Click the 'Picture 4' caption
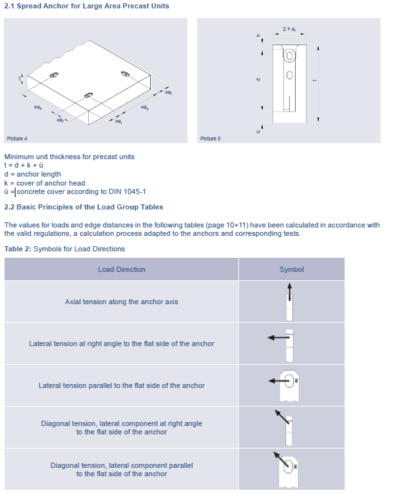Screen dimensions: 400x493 [17, 139]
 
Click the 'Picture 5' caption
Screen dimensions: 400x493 [211, 139]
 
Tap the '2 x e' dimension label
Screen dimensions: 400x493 [289, 29]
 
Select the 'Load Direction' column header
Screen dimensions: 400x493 [122, 269]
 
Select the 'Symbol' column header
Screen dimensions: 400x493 [292, 269]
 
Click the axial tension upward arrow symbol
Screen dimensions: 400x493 [289, 291]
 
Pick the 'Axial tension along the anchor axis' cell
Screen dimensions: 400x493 [122, 302]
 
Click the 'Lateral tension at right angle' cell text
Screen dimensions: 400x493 [122, 343]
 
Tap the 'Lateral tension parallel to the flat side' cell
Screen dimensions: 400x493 [122, 385]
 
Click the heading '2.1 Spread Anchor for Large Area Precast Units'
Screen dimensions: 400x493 [87, 6]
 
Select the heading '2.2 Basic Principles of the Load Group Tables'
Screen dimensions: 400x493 [84, 207]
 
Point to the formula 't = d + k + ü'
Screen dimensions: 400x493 [24, 165]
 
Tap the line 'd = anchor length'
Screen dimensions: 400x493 [33, 174]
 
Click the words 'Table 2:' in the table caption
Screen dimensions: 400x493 [17, 249]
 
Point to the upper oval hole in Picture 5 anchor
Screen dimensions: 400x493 [289, 55]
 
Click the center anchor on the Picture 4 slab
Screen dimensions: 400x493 [89, 95]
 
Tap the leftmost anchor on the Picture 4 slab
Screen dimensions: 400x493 [53, 75]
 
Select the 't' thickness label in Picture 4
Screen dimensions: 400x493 [19, 78]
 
